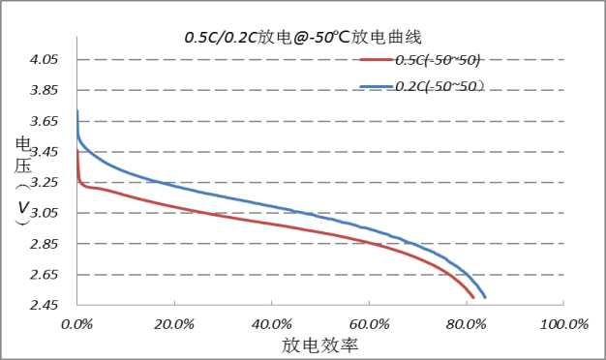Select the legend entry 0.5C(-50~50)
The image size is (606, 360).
(x=438, y=60)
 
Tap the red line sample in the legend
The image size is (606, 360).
(x=376, y=60)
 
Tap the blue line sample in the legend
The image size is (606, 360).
(x=376, y=86)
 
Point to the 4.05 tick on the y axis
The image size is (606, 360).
(x=44, y=60)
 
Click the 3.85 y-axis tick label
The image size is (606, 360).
(x=44, y=91)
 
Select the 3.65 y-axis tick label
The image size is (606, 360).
(x=44, y=122)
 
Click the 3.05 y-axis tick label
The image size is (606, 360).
(x=44, y=213)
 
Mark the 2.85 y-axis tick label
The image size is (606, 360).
(x=44, y=244)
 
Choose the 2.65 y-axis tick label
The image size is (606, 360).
(x=44, y=275)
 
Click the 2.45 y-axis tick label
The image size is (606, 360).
(x=44, y=306)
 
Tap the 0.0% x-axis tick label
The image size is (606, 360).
(x=77, y=324)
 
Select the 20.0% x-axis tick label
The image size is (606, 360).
(x=174, y=324)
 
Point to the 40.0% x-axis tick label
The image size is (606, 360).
(x=272, y=324)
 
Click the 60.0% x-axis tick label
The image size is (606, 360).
(x=369, y=324)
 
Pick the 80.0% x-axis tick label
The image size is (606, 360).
(x=466, y=324)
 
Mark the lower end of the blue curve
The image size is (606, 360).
(x=485, y=297)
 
